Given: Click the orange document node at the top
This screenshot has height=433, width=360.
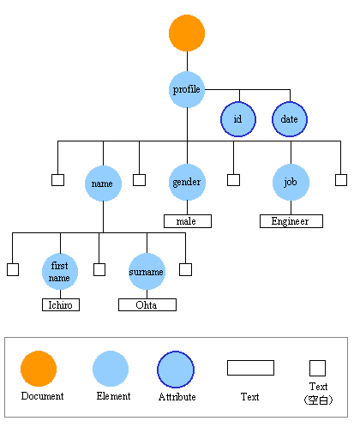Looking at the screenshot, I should tap(187, 33).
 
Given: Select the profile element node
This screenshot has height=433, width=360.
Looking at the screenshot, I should tap(187, 89).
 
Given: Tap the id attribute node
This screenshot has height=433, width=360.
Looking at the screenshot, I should tap(238, 119).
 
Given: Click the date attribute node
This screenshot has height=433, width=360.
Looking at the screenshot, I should tap(290, 119).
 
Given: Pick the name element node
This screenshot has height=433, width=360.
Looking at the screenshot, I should tap(103, 183).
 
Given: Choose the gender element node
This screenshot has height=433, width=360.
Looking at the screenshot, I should tap(187, 183).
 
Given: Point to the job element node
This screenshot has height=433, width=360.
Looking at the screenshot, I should tap(291, 183).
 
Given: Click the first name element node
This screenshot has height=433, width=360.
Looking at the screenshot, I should tap(60, 272).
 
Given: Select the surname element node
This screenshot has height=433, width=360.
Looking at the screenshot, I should tap(147, 272).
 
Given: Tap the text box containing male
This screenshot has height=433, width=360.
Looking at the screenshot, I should tap(187, 221).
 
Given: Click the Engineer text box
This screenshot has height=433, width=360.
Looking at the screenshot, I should tap(291, 221).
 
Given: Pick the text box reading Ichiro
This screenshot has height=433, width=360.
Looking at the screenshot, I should tap(60, 304).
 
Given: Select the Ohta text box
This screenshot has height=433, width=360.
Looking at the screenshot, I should tap(147, 304).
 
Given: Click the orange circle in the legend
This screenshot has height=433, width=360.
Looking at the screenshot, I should tap(39, 369).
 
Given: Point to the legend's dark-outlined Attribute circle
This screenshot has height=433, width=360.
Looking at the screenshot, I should tap(176, 369).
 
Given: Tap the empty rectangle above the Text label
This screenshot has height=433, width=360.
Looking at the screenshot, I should tap(250, 368).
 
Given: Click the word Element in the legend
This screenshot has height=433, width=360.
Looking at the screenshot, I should tap(112, 396).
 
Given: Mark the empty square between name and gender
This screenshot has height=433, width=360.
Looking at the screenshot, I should tap(139, 180).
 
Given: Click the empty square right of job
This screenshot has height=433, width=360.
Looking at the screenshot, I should tap(341, 180).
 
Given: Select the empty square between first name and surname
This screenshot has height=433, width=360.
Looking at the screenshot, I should tap(99, 269).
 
